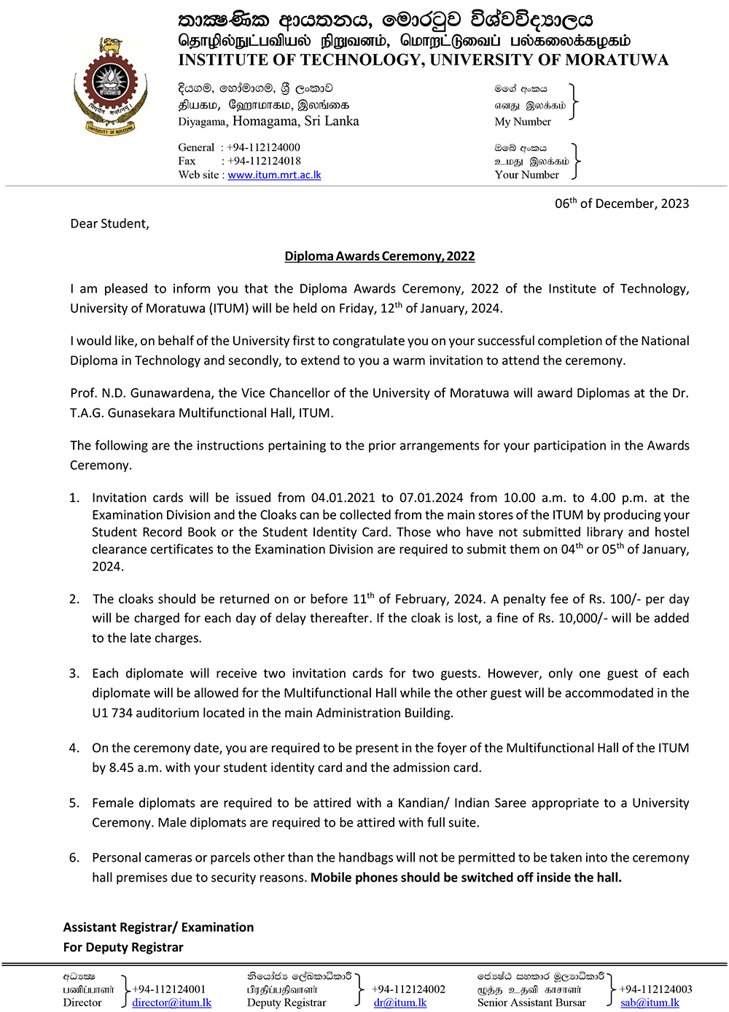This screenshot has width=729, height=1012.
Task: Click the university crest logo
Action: (x=111, y=88)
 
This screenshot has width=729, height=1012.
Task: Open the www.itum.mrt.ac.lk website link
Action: (x=274, y=175)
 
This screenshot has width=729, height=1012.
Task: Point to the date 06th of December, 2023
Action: (x=621, y=204)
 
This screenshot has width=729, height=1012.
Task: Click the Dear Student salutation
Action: (x=109, y=224)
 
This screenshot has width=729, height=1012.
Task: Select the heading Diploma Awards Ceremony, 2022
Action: (x=379, y=256)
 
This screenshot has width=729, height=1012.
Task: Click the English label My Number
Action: (x=523, y=122)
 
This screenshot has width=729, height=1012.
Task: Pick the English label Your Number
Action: (x=526, y=175)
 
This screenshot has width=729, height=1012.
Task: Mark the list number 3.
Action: (x=74, y=673)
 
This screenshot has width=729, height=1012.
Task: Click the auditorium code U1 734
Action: (x=112, y=713)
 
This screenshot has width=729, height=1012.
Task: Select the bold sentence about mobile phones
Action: (x=466, y=878)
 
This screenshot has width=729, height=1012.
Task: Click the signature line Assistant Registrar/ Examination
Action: (x=158, y=927)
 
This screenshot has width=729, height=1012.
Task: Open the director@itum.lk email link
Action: (x=171, y=1003)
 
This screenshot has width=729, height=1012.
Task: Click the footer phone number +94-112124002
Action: (x=408, y=989)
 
